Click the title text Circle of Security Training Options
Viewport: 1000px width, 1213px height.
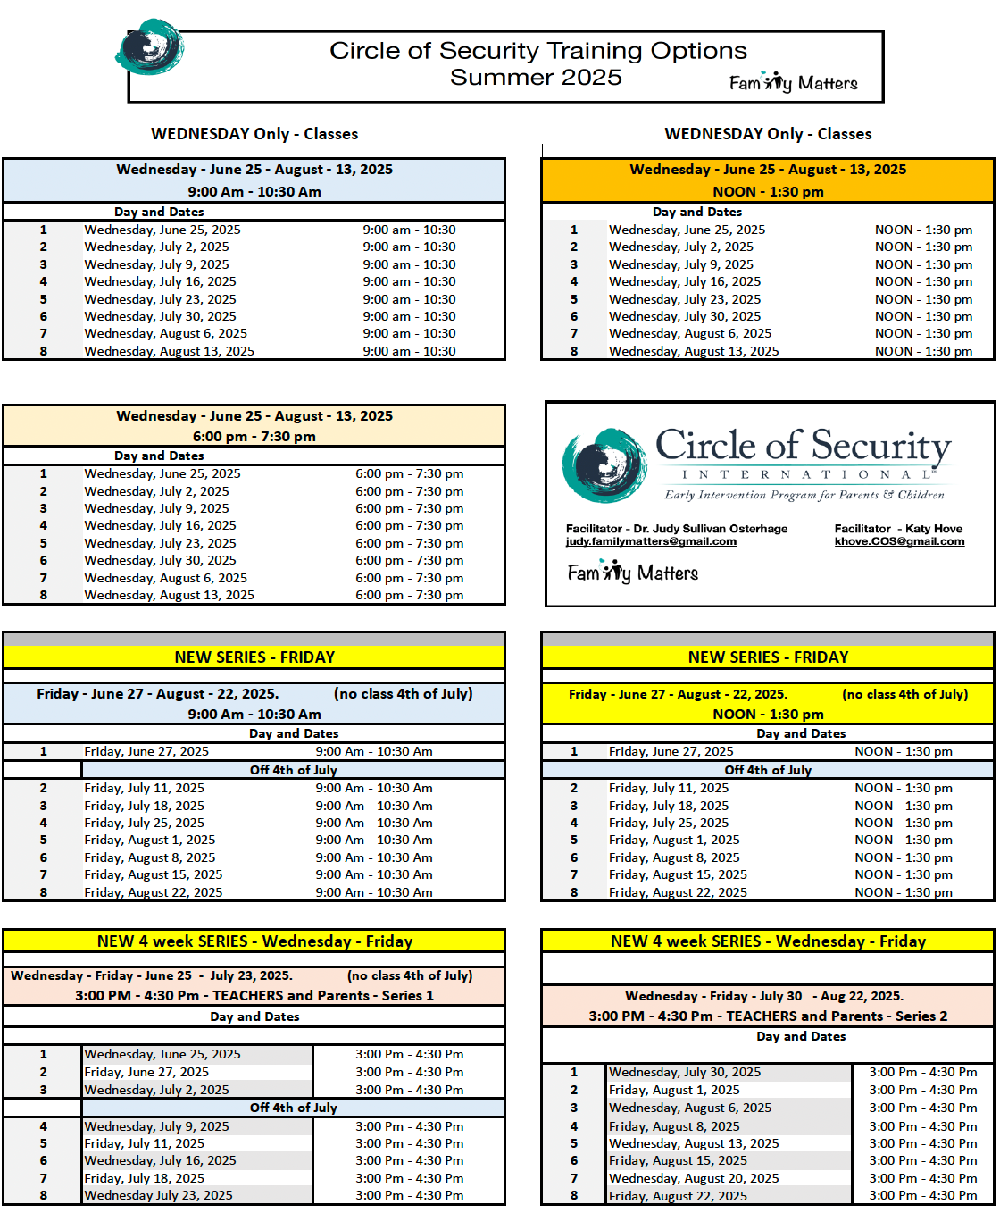coord(537,51)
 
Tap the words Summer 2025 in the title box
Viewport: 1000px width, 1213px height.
coord(536,78)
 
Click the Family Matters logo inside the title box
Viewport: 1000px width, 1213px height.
coord(793,83)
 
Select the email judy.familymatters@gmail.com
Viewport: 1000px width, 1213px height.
coord(651,541)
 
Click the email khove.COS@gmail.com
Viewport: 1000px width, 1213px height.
coord(899,541)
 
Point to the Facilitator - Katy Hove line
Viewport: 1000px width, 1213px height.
coord(898,529)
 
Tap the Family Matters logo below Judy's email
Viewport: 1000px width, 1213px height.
coord(632,572)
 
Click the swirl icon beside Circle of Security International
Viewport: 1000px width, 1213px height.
coord(604,464)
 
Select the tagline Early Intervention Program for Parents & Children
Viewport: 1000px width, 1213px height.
coord(804,495)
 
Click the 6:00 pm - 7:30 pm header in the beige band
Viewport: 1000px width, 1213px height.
coord(254,437)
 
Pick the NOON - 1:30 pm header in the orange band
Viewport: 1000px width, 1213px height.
coord(768,192)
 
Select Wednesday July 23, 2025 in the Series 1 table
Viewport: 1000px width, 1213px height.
coord(158,1195)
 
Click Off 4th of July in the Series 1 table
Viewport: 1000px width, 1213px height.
coord(293,1108)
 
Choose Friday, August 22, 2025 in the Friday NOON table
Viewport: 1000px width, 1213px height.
coord(678,892)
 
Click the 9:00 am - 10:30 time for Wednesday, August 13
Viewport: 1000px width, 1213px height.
coord(409,351)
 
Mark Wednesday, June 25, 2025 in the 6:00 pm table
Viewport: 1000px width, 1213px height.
coord(162,473)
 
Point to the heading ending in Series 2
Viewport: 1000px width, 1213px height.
coord(768,1016)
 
